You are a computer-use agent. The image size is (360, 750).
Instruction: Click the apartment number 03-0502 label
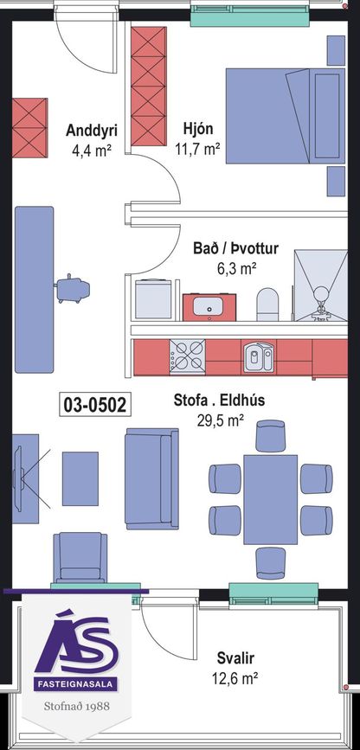pos(95,405)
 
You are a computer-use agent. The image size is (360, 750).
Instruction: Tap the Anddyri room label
pos(92,130)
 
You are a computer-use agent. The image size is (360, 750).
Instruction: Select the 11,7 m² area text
pos(197,150)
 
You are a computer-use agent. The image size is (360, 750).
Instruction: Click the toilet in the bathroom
pos(267,304)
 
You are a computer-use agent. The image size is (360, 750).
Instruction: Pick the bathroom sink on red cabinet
pos(209,306)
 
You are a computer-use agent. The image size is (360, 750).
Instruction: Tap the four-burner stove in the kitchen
pos(187,356)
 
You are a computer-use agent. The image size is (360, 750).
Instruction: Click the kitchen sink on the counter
pos(258,356)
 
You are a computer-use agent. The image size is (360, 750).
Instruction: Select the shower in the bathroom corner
pos(320,285)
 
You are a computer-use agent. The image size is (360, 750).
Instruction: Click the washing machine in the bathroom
pos(153,299)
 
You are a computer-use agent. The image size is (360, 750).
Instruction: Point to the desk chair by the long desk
pos(73,289)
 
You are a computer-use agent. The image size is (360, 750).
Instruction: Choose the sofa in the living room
pos(151,478)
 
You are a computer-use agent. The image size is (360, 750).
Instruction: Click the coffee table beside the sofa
pos(80,478)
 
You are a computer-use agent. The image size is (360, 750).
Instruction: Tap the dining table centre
pos(271,499)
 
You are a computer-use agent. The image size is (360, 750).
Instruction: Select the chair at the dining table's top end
pos(271,435)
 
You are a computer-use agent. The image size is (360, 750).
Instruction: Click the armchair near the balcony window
pos(80,558)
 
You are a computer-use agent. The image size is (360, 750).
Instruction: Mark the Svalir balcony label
pos(235,657)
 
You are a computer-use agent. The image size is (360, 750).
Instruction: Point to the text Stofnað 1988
pos(77,706)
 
